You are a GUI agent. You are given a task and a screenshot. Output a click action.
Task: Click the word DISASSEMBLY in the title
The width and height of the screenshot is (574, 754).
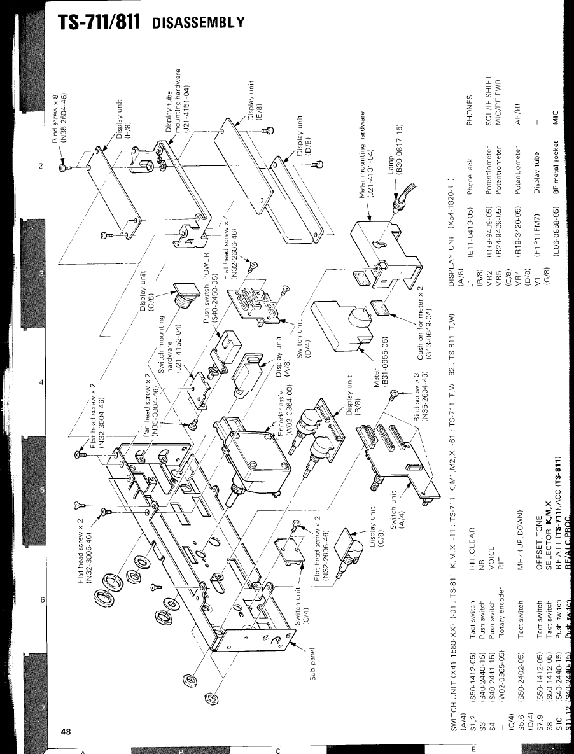199,22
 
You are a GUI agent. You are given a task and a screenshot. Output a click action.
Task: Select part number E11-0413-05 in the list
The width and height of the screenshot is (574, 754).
470,233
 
